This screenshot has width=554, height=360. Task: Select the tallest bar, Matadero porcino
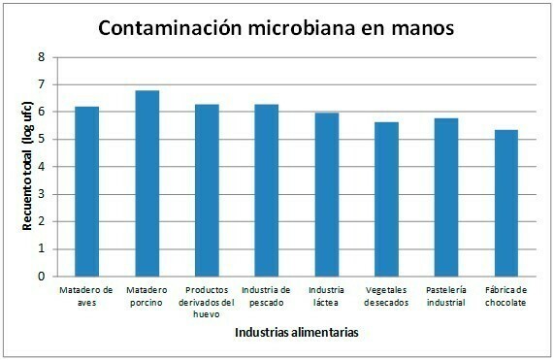point(147,183)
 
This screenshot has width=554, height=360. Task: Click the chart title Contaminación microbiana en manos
point(277,29)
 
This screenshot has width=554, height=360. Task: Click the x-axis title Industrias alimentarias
point(296,333)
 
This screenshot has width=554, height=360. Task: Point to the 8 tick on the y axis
point(41,57)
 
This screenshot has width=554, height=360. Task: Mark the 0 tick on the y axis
point(41,276)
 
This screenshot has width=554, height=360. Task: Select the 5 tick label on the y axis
point(41,139)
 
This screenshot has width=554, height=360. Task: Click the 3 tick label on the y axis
point(41,194)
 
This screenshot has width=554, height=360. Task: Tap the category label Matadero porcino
point(147,296)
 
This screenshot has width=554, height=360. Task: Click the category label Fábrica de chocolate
point(506,296)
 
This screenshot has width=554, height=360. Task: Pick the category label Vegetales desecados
point(386,296)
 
